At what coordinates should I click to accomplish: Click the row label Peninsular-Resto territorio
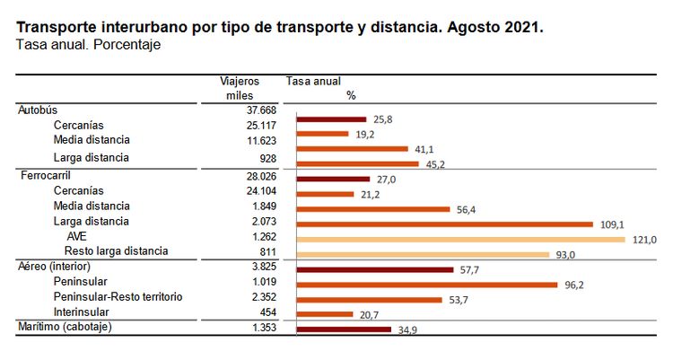click(118, 297)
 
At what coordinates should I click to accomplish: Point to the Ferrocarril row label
click(46, 176)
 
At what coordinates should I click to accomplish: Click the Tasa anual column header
click(313, 81)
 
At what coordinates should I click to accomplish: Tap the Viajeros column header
click(239, 81)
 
